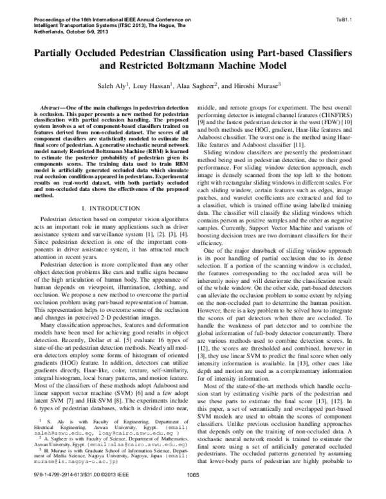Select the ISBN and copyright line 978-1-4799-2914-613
pos(64,493)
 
